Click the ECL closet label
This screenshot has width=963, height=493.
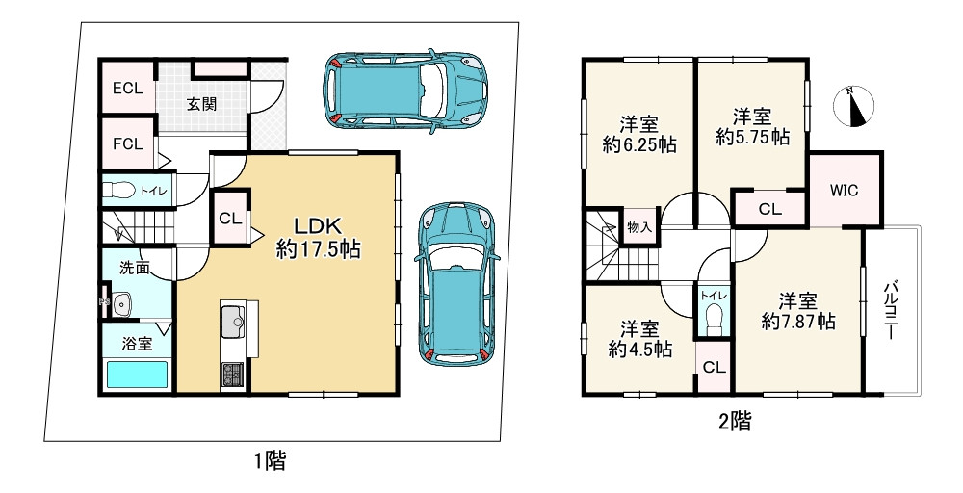click(127, 89)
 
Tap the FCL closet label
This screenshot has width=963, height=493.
click(127, 144)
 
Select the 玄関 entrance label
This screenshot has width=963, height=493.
click(200, 103)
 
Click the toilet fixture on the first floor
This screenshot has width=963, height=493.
click(117, 190)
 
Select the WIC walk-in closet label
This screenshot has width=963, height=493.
click(845, 190)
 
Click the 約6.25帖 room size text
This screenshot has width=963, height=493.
click(638, 145)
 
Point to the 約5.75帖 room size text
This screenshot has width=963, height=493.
click(752, 138)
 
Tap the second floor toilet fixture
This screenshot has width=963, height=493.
click(713, 318)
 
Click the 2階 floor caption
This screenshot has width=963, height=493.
click(736, 421)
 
